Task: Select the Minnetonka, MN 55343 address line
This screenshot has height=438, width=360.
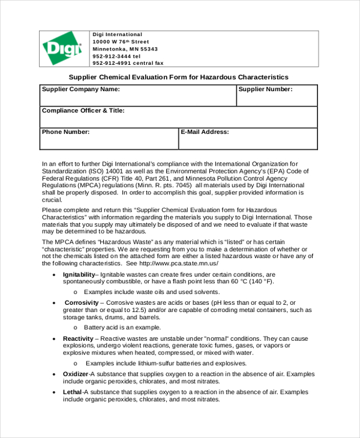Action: click(125, 49)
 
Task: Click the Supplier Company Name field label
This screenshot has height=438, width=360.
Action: click(80, 89)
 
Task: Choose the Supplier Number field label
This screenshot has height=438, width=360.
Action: click(266, 89)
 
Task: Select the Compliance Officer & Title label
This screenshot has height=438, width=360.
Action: click(83, 111)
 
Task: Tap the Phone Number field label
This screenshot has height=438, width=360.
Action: click(65, 131)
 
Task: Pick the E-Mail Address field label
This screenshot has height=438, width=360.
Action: click(205, 131)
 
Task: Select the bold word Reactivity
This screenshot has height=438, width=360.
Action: click(78, 338)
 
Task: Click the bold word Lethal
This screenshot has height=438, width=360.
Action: click(73, 392)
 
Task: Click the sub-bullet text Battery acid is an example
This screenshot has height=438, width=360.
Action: click(122, 328)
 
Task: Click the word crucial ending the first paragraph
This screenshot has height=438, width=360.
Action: click(52, 200)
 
